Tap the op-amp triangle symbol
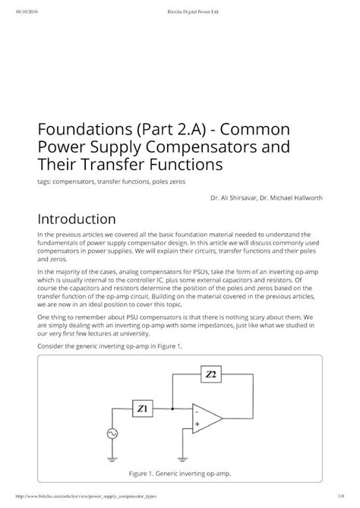click(x=207, y=418)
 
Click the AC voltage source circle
click(x=112, y=434)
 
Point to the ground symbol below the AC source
click(x=112, y=457)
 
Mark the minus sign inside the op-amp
click(x=197, y=412)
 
